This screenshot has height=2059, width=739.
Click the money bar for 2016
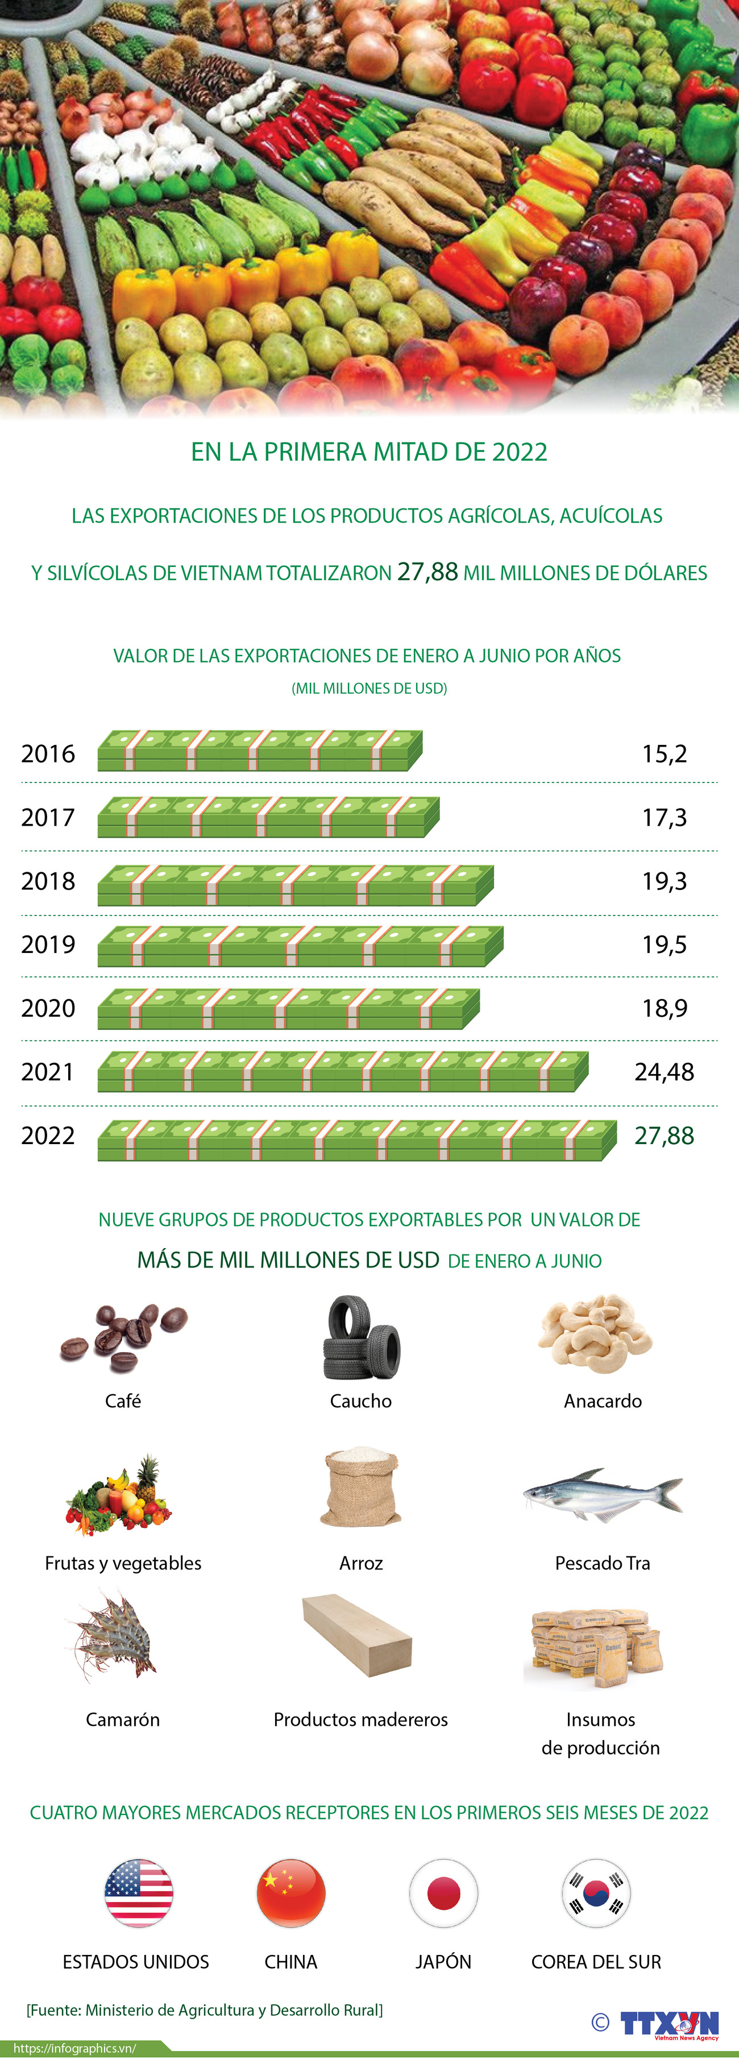[x=260, y=751]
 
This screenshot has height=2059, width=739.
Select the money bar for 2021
[x=343, y=1072]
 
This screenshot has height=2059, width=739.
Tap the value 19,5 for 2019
[x=664, y=944]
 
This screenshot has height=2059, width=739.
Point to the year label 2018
[x=48, y=881]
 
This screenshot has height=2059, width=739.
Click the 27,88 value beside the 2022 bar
[x=664, y=1135]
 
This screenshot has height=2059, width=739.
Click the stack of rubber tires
[x=361, y=1338]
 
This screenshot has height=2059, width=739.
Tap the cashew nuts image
[x=595, y=1335]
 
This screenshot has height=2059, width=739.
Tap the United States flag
[x=139, y=1893]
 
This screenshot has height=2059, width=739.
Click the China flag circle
[x=291, y=1893]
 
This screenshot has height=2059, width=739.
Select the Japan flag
[x=443, y=1893]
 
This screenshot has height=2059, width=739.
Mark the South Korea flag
[x=596, y=1893]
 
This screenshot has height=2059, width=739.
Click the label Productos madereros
[x=360, y=1720]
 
